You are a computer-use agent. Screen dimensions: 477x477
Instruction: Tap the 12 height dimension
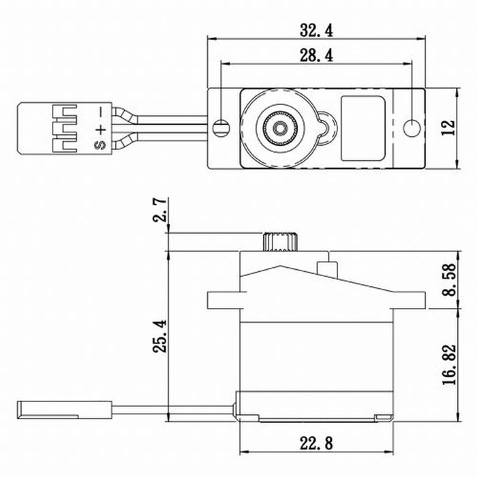(x=446, y=127)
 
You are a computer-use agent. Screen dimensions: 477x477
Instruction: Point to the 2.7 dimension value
(x=159, y=212)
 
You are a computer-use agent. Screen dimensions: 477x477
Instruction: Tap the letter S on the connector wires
(x=100, y=144)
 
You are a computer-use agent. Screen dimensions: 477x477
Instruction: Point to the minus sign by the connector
(x=100, y=110)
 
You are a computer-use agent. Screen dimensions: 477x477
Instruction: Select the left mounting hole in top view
(x=219, y=127)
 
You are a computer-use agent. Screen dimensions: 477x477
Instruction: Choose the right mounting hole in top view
(x=411, y=127)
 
